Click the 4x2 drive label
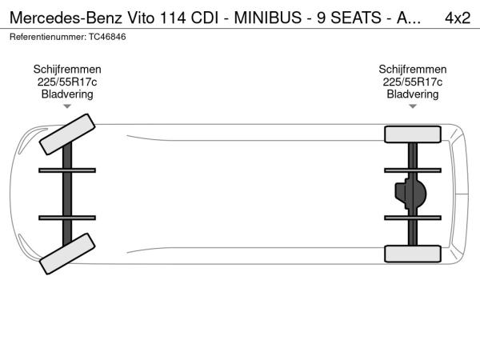point(458,18)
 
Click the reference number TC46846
point(107,37)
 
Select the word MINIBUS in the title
point(268,18)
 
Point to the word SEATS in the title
point(356,18)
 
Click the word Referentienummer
point(48,37)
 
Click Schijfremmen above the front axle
point(67,69)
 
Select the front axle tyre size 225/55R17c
point(67,82)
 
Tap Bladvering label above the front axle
point(67,94)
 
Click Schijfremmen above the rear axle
point(413,69)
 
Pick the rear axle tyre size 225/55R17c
point(413,82)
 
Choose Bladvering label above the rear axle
point(413,94)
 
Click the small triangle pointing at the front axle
point(67,106)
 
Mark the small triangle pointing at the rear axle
point(413,106)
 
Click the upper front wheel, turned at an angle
point(67,134)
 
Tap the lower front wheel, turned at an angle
point(67,254)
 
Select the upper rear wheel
point(413,134)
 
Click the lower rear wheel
point(413,254)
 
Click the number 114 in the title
point(172,18)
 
